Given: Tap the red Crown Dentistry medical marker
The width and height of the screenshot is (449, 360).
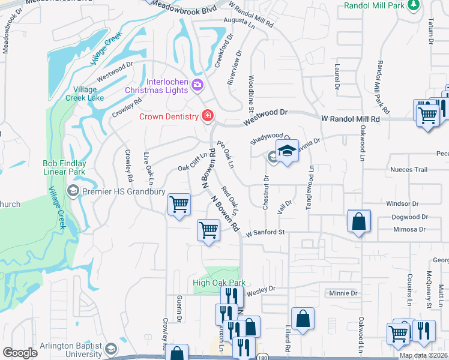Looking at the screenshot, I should (208, 116).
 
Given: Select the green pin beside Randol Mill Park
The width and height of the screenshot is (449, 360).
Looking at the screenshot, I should (413, 5).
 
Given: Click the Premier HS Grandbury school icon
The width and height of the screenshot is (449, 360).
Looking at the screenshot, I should (73, 191).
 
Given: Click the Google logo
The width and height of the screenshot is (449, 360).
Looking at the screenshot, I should (20, 352).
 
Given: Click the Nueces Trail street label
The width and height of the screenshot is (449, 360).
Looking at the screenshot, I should (408, 170).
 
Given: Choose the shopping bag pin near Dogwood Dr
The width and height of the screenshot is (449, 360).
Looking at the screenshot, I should (358, 221).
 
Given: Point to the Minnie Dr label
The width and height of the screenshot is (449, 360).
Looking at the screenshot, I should (343, 293).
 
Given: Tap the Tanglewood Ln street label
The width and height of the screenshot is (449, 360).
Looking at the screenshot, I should (310, 186).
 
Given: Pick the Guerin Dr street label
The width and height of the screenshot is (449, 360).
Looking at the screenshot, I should (179, 309).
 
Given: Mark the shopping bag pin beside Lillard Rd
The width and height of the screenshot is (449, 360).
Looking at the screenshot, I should (303, 319).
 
